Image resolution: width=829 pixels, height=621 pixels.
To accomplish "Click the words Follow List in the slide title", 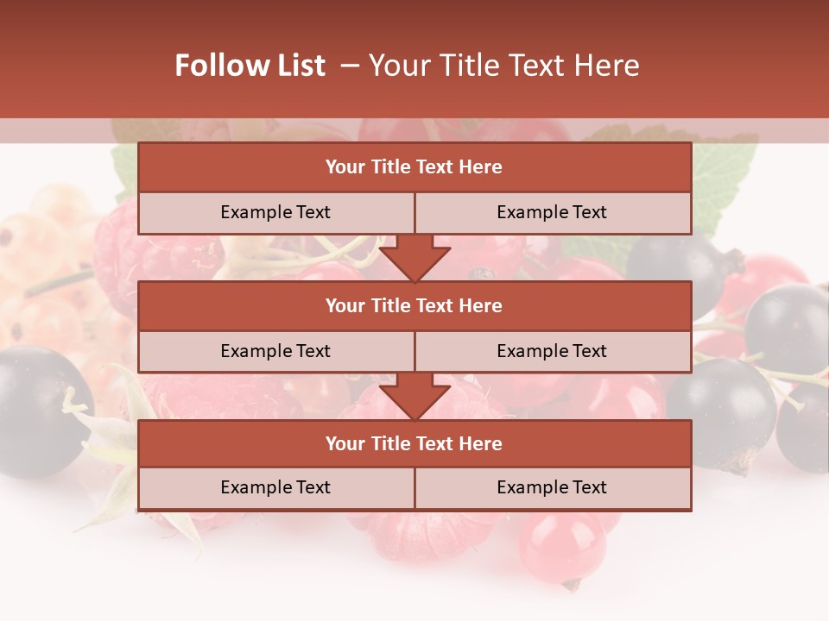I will pos(250,66).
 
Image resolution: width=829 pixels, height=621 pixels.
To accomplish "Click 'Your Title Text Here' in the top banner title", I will pos(503,66).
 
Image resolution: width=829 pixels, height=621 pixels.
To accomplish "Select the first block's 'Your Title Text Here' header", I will pos(414,167).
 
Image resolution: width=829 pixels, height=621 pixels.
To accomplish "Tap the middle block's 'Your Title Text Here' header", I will pos(414,305).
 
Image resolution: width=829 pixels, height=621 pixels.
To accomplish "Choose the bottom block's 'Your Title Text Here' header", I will pos(414,443).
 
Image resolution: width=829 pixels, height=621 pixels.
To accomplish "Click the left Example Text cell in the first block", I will pos(275,212).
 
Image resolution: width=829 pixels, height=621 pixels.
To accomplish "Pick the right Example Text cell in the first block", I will pos(552,212).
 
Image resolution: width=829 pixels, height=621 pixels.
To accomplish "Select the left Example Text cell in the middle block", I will pos(275,351).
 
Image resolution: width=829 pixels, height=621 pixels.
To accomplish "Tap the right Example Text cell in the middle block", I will pos(552,351).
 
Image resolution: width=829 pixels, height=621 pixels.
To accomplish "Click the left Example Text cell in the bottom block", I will pos(275,487).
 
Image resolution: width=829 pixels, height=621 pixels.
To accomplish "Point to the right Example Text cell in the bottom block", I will pos(552,487).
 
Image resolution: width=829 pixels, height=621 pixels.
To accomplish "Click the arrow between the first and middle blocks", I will pos(414,258).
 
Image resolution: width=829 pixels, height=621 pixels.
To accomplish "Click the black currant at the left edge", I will pos(39,411).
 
